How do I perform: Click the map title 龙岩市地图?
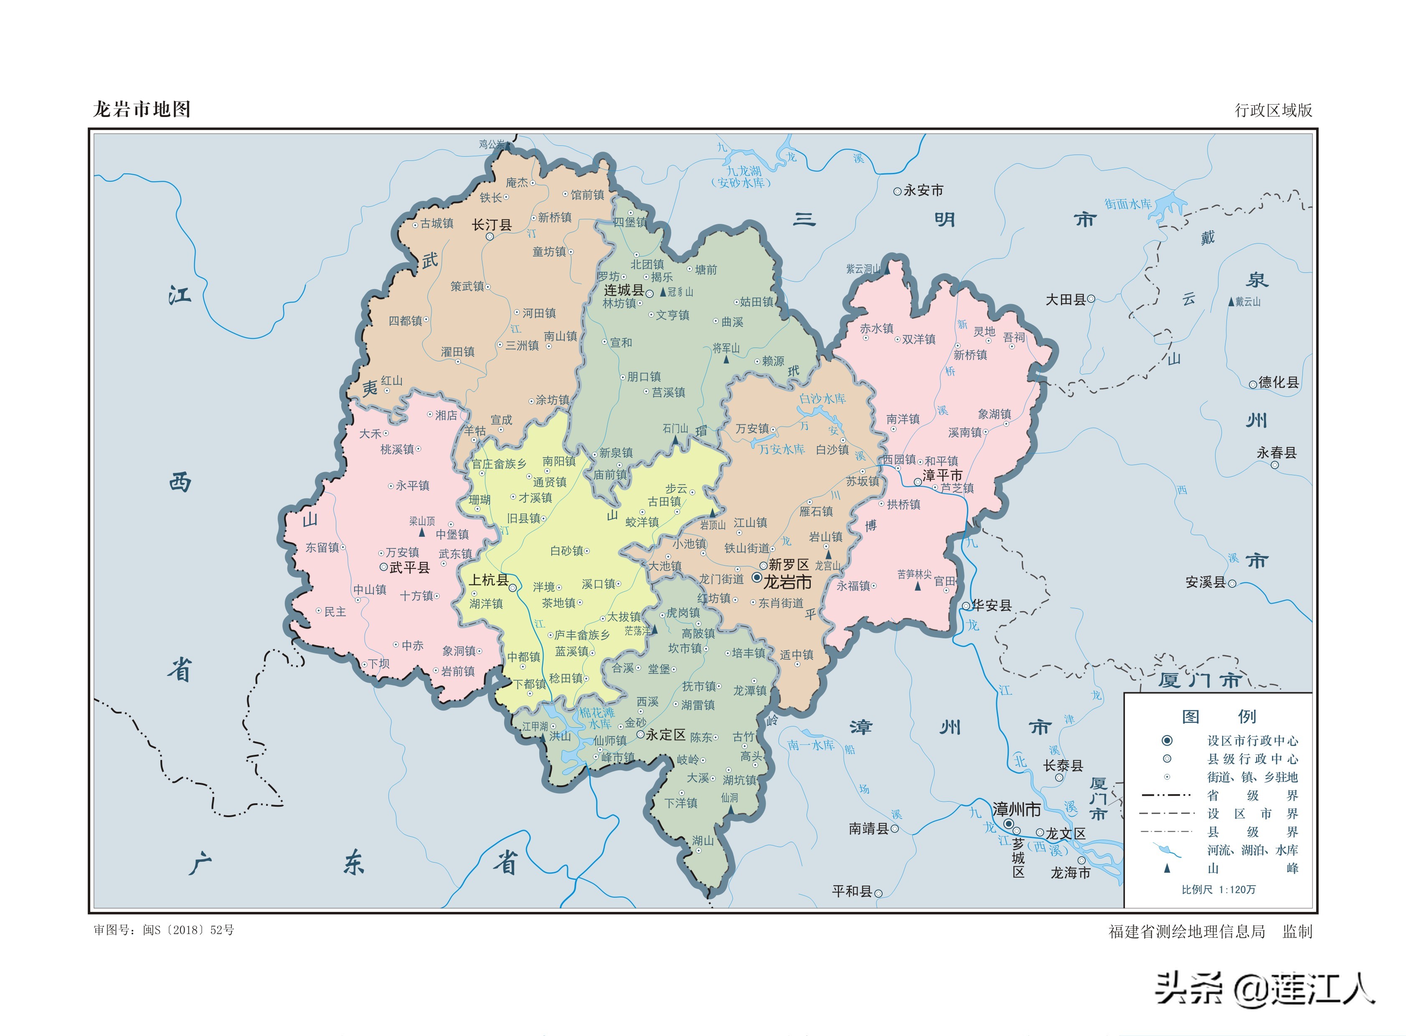[x=142, y=110]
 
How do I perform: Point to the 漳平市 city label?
[x=942, y=476]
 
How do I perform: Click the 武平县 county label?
[x=409, y=568]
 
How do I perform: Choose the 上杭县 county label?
[x=489, y=581]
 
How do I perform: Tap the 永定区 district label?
[x=665, y=734]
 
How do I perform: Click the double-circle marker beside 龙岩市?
[x=757, y=577]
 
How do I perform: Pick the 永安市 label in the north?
[x=923, y=190]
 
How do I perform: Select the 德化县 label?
[x=1278, y=383]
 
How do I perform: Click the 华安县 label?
[x=992, y=605]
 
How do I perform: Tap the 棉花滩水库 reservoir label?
[x=596, y=718]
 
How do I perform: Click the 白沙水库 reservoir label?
[x=822, y=399]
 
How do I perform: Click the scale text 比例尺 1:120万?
[x=1218, y=889]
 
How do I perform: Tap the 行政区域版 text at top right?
[x=1273, y=110]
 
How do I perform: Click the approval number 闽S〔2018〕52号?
[x=188, y=930]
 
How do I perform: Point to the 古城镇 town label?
[x=437, y=223]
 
